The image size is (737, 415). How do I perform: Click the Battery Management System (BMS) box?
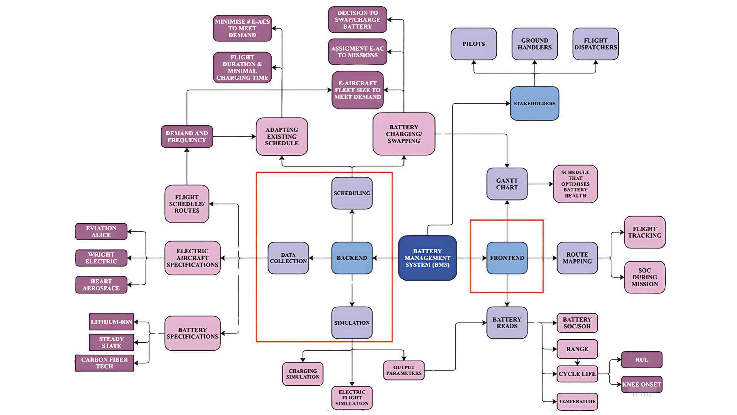(427, 258)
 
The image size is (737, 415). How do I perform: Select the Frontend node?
(507, 258)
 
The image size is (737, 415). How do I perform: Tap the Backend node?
(352, 258)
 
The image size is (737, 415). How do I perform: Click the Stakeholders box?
(534, 103)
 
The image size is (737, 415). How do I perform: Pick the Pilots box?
(473, 44)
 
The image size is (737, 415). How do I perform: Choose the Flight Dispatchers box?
(595, 44)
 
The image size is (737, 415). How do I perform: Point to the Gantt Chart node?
(507, 184)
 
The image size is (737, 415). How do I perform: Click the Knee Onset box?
(641, 384)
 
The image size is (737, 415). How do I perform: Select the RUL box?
(641, 360)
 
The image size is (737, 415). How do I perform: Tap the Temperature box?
(577, 401)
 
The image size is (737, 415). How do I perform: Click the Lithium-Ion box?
(111, 322)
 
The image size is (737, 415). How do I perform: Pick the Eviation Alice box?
(101, 231)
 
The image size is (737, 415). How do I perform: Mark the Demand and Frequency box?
(187, 136)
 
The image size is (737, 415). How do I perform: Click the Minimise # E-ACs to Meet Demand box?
(242, 28)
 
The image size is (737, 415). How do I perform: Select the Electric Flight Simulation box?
(352, 398)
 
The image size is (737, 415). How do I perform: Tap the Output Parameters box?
(403, 370)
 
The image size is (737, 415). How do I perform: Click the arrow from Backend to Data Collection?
(320, 258)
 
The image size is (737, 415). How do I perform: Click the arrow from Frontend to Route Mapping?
(542, 258)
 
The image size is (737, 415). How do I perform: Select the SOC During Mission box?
(644, 277)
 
